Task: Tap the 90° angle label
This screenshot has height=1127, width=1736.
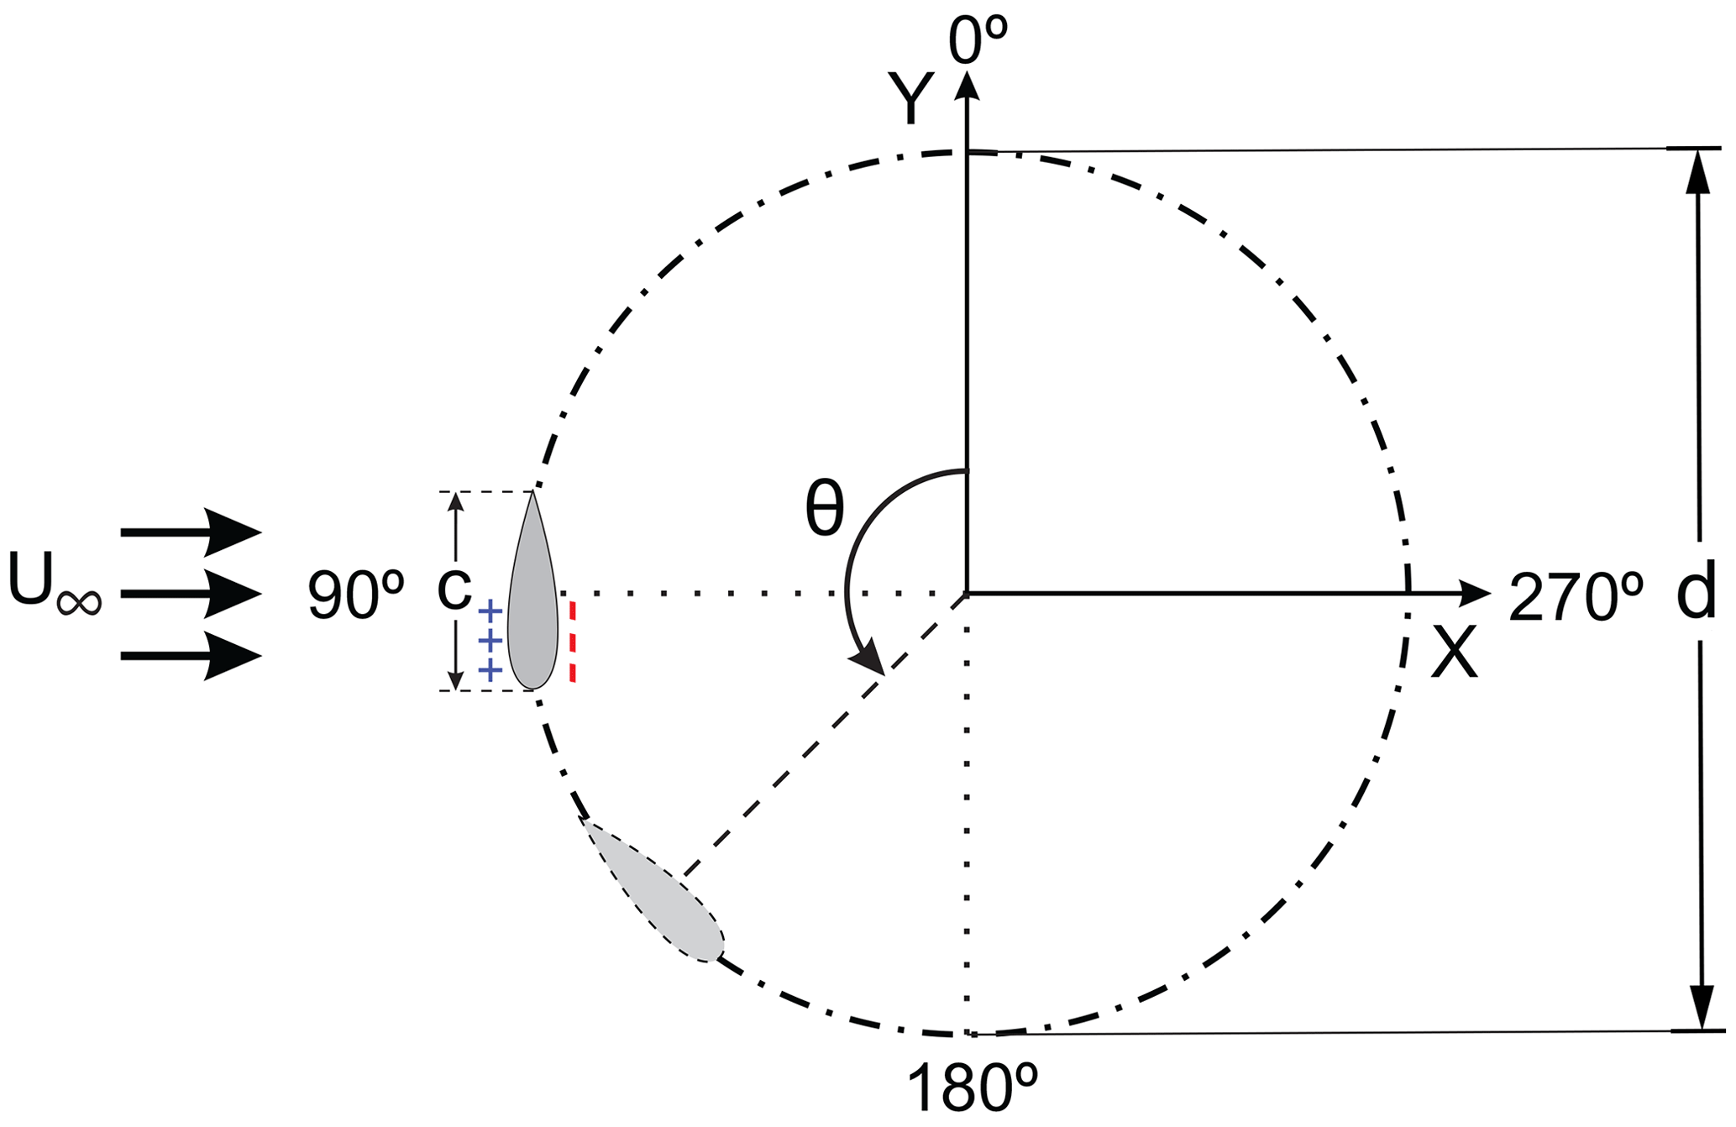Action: click(x=356, y=595)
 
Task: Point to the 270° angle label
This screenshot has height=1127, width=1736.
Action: click(x=1576, y=596)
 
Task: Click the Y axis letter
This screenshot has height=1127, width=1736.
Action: click(x=912, y=99)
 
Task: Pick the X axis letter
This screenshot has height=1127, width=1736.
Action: click(x=1454, y=653)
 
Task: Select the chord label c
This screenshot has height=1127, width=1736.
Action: click(x=454, y=589)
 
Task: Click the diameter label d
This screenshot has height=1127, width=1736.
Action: click(x=1696, y=593)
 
